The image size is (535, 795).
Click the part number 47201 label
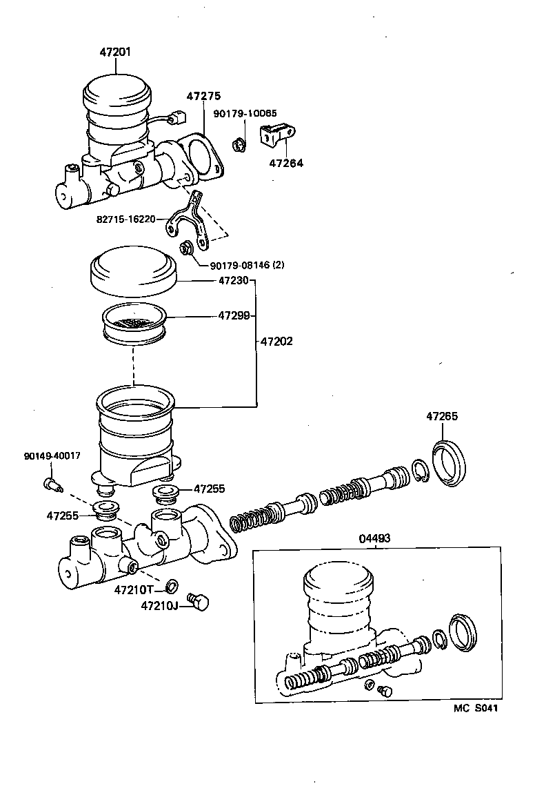pyautogui.click(x=115, y=52)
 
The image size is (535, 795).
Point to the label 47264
pyautogui.click(x=285, y=164)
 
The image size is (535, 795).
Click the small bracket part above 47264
pyautogui.click(x=277, y=135)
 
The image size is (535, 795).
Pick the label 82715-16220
pyautogui.click(x=126, y=219)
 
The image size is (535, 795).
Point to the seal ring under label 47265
pyautogui.click(x=449, y=462)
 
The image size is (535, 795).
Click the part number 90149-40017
pyautogui.click(x=52, y=456)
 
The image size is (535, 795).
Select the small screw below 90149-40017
pyautogui.click(x=52, y=484)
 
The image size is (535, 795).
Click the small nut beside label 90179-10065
pyautogui.click(x=239, y=145)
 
